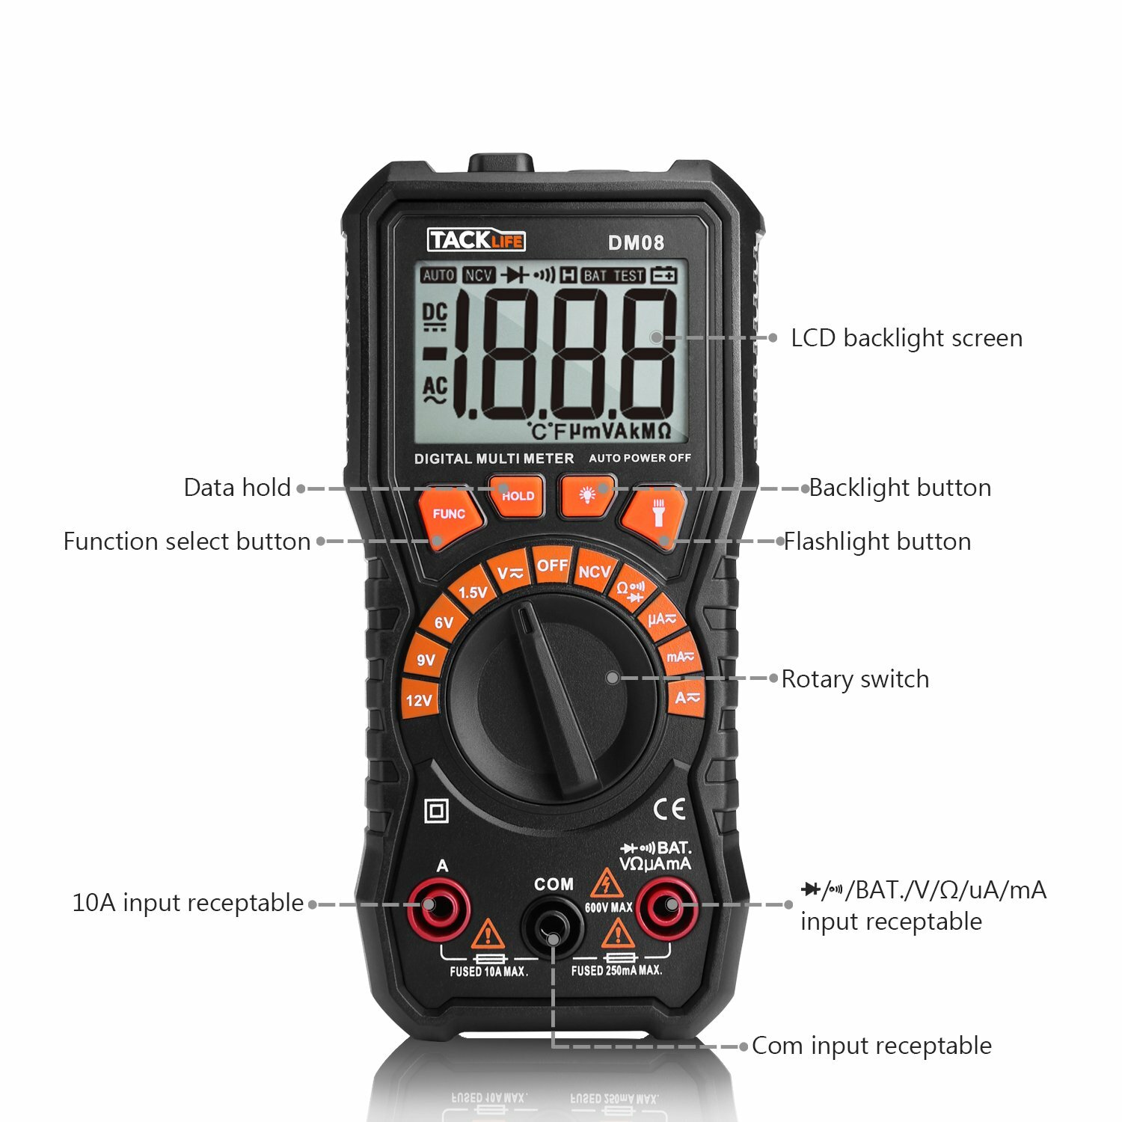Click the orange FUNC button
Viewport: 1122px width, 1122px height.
449,515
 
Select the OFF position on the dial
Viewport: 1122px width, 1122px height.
552,566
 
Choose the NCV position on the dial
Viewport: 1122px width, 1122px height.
594,572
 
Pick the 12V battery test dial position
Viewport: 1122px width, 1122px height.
419,700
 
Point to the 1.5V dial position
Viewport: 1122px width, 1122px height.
472,592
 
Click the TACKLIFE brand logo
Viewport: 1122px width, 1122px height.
476,240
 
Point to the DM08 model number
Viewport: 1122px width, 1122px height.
636,242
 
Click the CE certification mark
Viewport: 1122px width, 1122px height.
669,809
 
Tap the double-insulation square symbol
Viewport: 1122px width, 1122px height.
436,811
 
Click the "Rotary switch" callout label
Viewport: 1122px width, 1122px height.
855,679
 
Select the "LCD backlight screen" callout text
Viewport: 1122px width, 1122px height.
906,338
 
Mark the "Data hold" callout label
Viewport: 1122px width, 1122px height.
237,488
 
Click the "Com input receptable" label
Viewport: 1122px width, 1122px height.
871,1046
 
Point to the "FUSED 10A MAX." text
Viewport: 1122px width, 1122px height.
488,972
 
